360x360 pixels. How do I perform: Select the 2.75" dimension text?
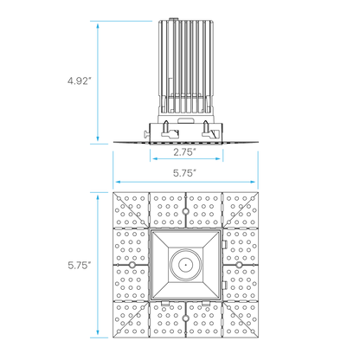[183, 152]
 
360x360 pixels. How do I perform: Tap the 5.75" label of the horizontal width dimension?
[183, 173]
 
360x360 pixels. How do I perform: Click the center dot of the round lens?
[186, 265]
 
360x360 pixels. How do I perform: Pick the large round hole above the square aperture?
[186, 211]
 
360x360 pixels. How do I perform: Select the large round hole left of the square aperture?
[132, 265]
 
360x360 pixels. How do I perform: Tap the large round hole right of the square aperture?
[239, 265]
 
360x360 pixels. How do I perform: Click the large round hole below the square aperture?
[186, 318]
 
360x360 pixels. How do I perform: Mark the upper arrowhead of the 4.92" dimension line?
[98, 26]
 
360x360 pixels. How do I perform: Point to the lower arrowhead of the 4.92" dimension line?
[98, 138]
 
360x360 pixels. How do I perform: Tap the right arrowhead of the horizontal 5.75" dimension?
[253, 182]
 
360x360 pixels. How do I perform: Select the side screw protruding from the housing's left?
[147, 133]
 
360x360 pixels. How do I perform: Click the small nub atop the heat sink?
[174, 20]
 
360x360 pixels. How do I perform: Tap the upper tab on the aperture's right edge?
[225, 244]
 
